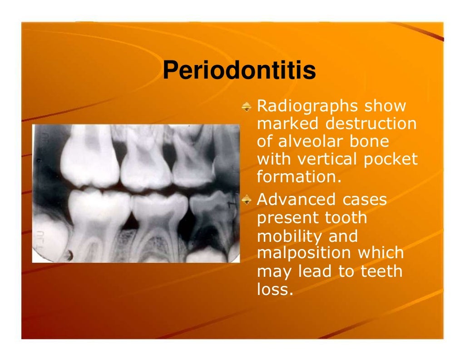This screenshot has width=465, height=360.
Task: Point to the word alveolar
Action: coord(306,141)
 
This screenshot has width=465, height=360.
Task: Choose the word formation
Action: coord(298,176)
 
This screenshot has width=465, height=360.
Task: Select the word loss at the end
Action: coord(272,289)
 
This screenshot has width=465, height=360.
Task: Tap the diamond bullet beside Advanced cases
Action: coord(247,200)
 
